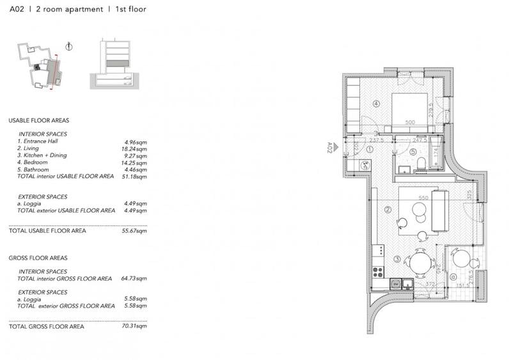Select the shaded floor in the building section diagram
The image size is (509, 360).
[x=118, y=63]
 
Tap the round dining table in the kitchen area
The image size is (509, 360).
[x=419, y=262]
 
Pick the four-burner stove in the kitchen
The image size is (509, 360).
[x=377, y=271]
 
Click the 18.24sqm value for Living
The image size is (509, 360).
[x=136, y=148]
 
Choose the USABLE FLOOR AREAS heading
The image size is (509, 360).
[x=38, y=120]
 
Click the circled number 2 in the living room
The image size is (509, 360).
[x=388, y=208]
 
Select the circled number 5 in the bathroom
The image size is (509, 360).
[x=413, y=152]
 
